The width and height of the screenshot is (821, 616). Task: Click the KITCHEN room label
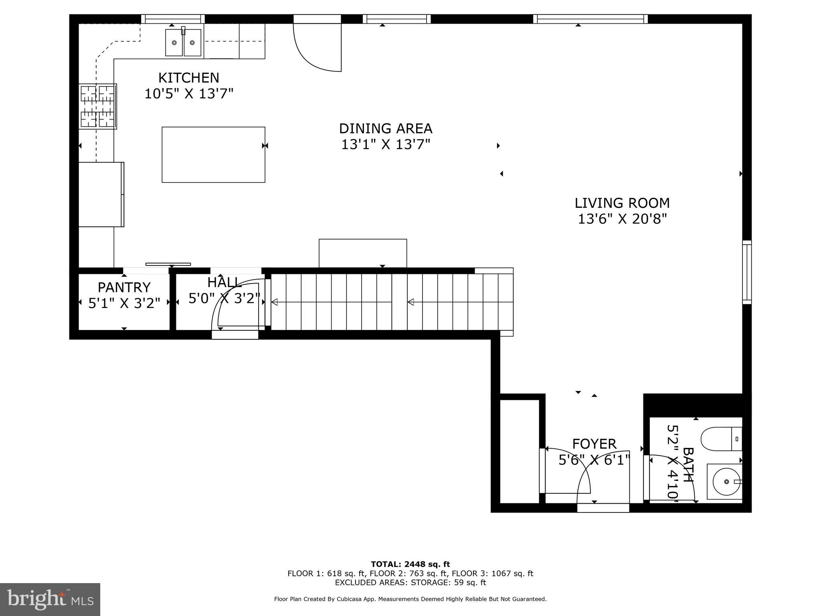(x=188, y=77)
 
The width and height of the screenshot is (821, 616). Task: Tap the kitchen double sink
(x=183, y=42)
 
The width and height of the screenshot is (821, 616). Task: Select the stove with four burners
(x=98, y=106)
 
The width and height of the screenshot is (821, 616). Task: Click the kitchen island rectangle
(x=213, y=154)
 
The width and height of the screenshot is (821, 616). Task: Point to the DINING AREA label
(x=385, y=128)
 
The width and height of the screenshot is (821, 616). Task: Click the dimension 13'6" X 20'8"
(x=622, y=219)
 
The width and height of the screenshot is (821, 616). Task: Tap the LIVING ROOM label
(x=622, y=203)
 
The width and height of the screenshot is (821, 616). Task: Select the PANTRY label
(x=124, y=287)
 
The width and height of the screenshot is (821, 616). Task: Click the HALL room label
(x=224, y=282)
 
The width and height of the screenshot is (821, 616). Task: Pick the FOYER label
(x=594, y=444)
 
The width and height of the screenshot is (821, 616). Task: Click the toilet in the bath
(x=721, y=439)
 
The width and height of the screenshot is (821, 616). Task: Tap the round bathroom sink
(x=726, y=481)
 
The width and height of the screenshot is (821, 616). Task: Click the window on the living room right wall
(x=746, y=272)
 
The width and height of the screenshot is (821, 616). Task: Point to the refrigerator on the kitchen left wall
(x=101, y=194)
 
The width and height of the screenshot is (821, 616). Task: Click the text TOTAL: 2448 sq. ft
(x=410, y=564)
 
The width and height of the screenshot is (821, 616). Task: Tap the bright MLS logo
(x=50, y=599)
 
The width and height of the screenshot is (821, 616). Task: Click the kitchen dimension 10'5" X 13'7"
(x=188, y=94)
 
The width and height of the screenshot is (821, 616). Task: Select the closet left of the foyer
(x=519, y=451)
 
